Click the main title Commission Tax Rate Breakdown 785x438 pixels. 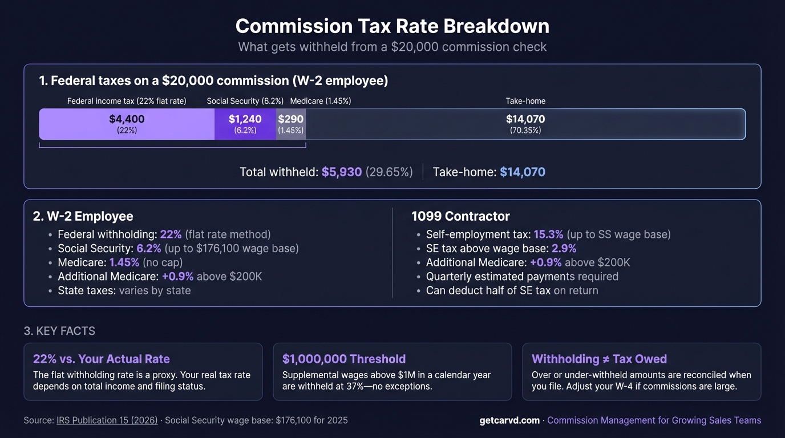click(x=392, y=26)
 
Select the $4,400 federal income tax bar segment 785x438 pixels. click(x=127, y=124)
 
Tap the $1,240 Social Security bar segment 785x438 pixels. click(x=245, y=124)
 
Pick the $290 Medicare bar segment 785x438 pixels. click(x=291, y=124)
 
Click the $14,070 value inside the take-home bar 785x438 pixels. click(x=525, y=119)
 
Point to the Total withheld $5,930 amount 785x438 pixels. click(x=341, y=172)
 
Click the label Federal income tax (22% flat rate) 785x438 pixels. click(x=127, y=101)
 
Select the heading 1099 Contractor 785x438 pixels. click(x=460, y=217)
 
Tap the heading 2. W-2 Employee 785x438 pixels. click(x=83, y=217)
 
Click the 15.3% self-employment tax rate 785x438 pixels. click(x=548, y=234)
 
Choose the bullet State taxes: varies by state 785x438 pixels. click(x=124, y=290)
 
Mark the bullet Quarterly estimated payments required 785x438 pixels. click(x=521, y=277)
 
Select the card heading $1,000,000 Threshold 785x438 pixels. click(x=343, y=359)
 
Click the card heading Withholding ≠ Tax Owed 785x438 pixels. click(x=599, y=359)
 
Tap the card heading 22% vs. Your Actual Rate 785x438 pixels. click(x=102, y=359)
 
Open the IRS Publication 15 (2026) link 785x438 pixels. click(x=107, y=420)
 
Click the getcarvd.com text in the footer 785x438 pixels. click(x=509, y=420)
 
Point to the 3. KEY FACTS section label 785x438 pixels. click(x=59, y=331)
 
